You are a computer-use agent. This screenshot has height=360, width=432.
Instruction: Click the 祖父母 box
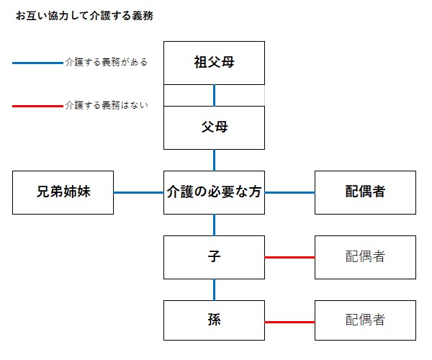click(214, 63)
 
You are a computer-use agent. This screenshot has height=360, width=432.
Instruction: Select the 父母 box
click(214, 128)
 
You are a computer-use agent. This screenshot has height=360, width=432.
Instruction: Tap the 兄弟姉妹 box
click(63, 192)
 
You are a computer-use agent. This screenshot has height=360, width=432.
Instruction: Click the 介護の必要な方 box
click(214, 192)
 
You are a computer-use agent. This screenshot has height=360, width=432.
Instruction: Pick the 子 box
click(214, 257)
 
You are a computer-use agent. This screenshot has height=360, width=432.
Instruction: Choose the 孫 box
click(214, 320)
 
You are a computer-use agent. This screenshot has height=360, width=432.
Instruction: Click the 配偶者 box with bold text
click(365, 192)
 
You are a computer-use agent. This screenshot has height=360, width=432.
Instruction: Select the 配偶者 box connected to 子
click(365, 257)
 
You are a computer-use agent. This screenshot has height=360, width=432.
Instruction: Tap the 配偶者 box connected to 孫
click(365, 320)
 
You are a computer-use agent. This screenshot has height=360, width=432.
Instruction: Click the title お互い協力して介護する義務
click(84, 16)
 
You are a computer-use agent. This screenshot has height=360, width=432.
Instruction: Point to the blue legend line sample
click(37, 63)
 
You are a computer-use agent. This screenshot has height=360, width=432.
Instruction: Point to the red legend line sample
click(37, 106)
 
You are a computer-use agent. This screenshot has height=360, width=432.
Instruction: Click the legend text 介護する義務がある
click(107, 62)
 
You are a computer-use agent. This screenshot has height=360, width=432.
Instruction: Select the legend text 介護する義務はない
click(107, 105)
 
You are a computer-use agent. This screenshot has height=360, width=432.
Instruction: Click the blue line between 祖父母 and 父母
click(215, 95)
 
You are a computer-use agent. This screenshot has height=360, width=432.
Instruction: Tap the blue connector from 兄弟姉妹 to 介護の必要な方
click(138, 192)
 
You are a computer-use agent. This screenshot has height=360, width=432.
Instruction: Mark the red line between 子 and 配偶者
click(290, 257)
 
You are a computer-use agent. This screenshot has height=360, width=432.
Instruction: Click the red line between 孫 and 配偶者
click(290, 322)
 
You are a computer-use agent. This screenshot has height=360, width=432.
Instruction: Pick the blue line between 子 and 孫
click(215, 289)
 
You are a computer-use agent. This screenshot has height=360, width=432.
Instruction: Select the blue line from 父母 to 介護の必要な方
click(215, 161)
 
